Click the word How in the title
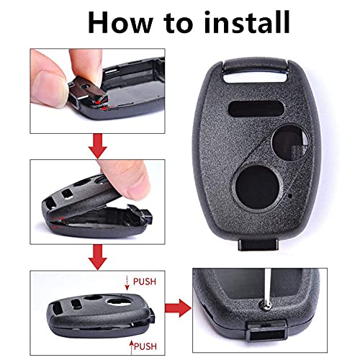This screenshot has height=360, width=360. [124, 22]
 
